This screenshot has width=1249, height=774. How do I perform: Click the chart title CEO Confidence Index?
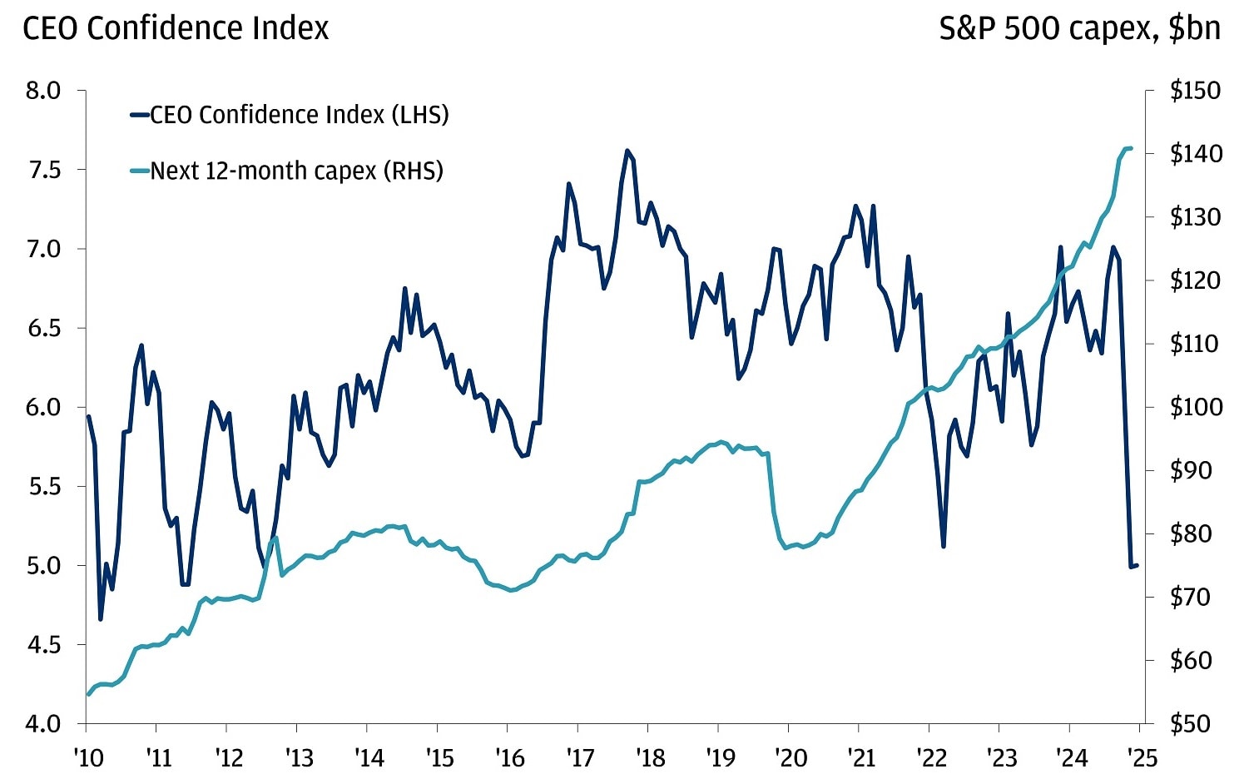176,28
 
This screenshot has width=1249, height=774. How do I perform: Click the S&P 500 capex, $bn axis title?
1079,28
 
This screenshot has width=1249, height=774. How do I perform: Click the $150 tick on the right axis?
1195,90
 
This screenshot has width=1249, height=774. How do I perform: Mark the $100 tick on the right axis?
1195,407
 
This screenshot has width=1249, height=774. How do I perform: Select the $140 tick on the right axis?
1195,153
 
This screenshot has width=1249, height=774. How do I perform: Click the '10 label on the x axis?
87,757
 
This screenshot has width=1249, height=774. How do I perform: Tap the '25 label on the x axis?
1142,757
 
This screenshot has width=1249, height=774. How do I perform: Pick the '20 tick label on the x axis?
791,757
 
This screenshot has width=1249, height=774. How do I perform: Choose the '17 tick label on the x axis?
580,757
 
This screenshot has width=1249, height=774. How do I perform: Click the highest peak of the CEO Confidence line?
627,151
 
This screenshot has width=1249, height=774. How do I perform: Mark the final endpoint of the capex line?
1131,148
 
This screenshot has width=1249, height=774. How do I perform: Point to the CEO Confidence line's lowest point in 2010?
101,619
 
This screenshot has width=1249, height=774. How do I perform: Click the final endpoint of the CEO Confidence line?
1137,565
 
